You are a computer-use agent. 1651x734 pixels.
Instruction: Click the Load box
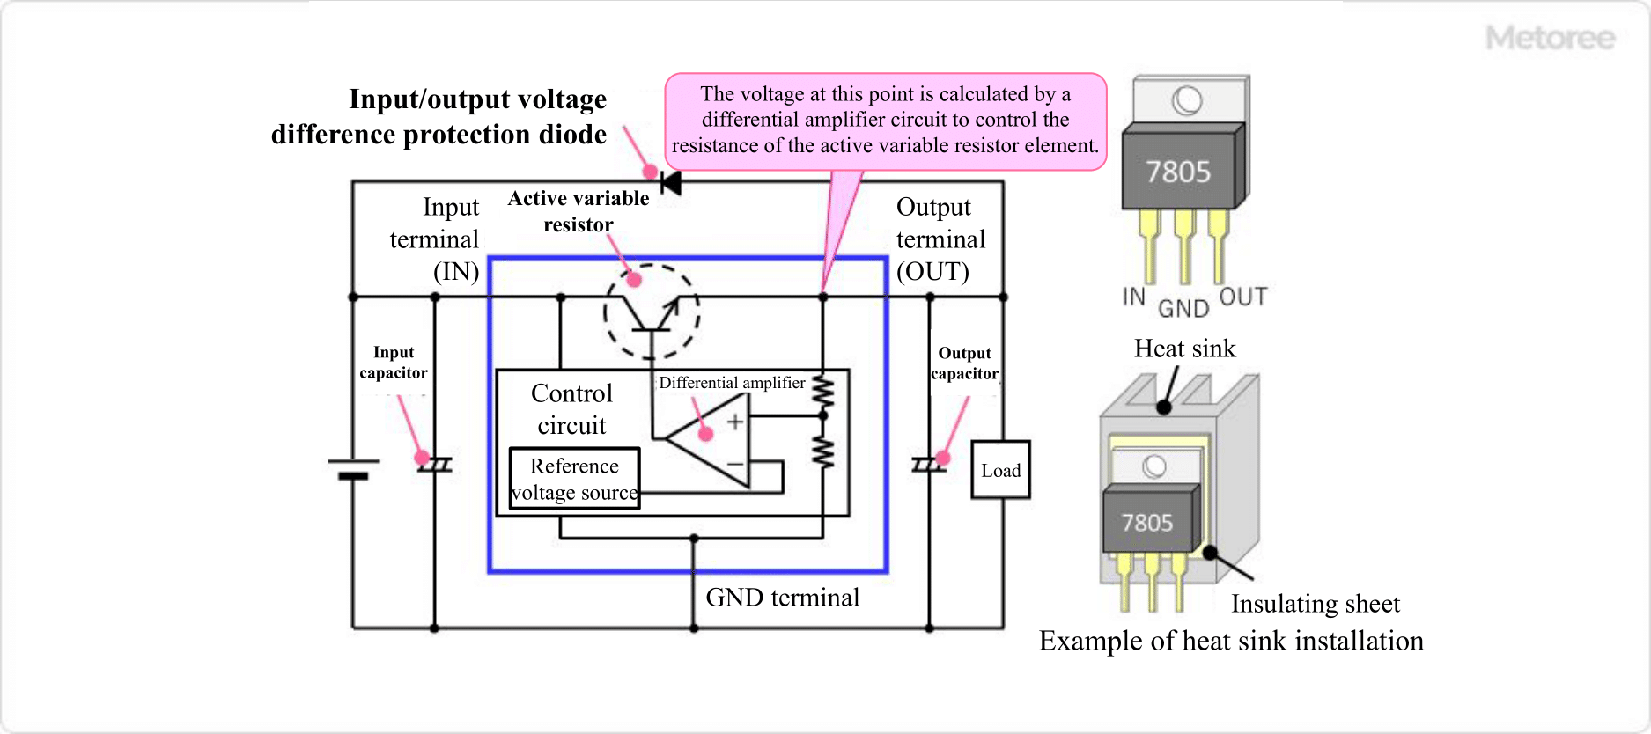click(1000, 470)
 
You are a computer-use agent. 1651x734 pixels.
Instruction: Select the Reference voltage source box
click(574, 479)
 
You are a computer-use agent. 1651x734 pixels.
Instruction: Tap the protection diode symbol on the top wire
click(671, 183)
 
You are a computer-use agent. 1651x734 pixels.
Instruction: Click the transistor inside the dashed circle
click(652, 313)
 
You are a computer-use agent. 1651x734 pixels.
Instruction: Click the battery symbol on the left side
click(353, 468)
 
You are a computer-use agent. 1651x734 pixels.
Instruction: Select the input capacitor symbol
click(434, 465)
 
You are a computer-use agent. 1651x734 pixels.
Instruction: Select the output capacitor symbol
click(929, 465)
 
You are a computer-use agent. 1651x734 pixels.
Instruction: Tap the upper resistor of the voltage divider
click(822, 393)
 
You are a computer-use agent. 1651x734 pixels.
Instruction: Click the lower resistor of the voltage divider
click(822, 451)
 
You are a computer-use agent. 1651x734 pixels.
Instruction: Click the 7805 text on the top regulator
click(1177, 172)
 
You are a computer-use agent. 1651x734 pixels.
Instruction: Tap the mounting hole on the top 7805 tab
click(1186, 100)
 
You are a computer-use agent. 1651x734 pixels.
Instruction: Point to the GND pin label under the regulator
click(1183, 309)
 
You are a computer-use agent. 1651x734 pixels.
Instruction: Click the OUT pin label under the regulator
click(1242, 297)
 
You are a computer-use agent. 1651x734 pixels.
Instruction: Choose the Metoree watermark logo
click(1550, 38)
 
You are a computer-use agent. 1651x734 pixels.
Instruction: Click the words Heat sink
click(1184, 349)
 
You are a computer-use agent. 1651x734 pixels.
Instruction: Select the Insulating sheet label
click(1315, 604)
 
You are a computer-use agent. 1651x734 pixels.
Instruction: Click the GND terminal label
click(782, 598)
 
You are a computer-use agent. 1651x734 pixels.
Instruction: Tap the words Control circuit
click(571, 409)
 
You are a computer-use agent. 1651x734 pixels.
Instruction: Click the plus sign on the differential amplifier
click(735, 422)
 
